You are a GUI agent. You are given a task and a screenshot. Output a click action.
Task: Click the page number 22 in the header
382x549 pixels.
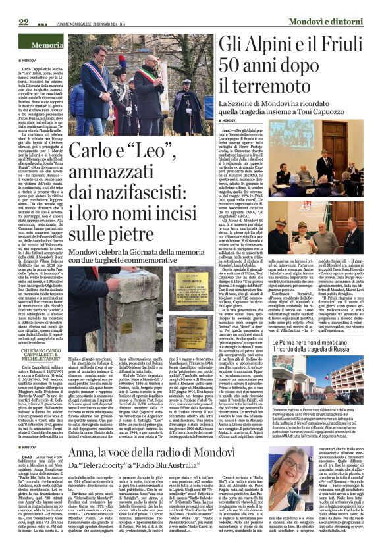click(14, 5)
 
